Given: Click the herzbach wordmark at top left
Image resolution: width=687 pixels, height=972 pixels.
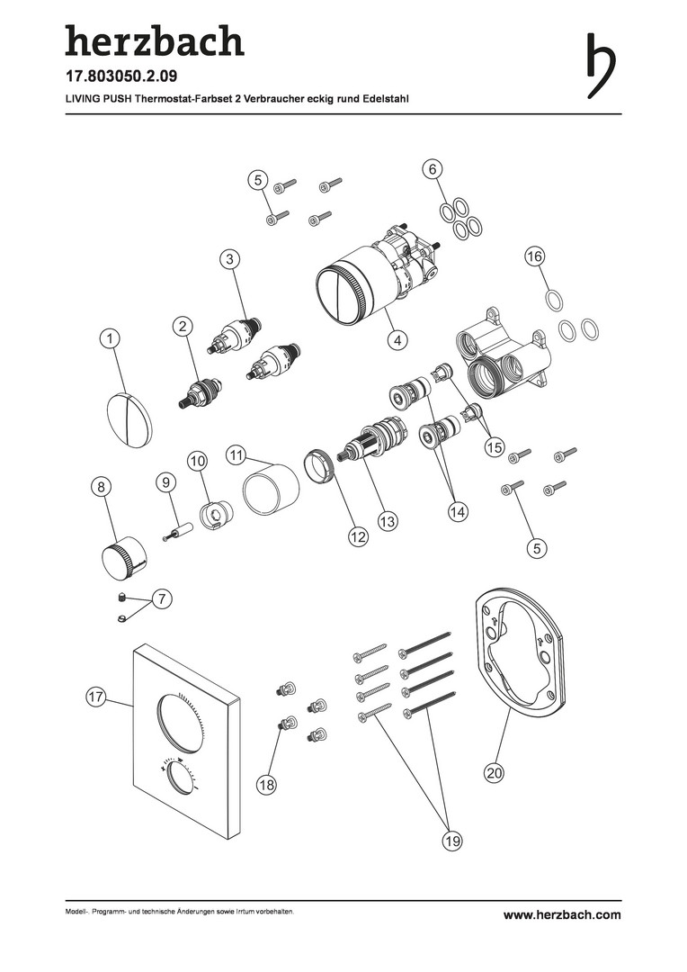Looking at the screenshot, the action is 155,40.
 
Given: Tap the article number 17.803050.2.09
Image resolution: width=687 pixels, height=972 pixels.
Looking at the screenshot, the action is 121,76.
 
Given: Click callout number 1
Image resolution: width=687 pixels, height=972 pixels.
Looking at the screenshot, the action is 110,338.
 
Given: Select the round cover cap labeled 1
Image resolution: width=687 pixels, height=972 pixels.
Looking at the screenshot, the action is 129,419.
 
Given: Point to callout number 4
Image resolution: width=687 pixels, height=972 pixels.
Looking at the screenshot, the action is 397,339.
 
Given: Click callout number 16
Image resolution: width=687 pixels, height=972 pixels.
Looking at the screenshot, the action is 534,256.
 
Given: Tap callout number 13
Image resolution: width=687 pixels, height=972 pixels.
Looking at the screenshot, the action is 388,521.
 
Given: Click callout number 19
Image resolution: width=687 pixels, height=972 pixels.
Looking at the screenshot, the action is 452,841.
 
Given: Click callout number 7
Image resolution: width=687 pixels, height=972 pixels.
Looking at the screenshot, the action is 162,598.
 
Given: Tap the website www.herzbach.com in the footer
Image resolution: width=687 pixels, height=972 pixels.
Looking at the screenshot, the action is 562,915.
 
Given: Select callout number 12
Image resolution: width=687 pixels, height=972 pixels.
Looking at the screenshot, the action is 358,536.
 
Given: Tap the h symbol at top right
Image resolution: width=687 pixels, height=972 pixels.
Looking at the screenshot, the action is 601,66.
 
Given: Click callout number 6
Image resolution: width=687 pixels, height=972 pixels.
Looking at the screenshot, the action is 433,168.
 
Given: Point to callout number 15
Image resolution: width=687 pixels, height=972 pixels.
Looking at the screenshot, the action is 495,446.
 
